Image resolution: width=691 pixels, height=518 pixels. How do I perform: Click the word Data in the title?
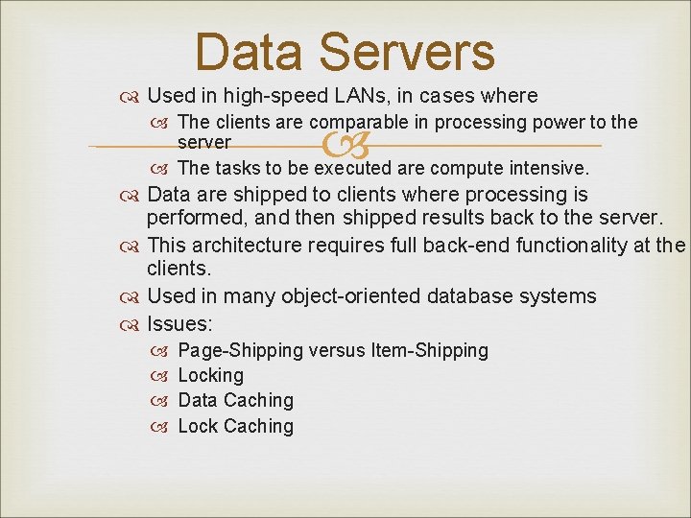[x=252, y=53]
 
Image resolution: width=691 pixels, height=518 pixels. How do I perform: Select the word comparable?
[x=356, y=122]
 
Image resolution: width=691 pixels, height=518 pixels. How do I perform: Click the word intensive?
[x=546, y=168]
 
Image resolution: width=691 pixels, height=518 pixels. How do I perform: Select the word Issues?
[x=179, y=322]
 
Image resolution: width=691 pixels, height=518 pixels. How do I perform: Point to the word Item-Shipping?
[x=429, y=351]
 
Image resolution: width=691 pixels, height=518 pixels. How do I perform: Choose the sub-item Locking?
[x=211, y=376]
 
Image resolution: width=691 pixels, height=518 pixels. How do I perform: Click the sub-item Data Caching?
[x=236, y=401]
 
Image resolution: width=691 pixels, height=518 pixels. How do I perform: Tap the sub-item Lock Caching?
[x=236, y=426]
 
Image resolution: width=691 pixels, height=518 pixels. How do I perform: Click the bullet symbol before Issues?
[x=131, y=323]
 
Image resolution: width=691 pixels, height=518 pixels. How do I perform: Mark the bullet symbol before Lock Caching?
[x=161, y=427]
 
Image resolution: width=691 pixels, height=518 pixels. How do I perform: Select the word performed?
[x=191, y=220]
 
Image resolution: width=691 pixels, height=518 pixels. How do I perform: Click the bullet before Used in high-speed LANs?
[x=131, y=97]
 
